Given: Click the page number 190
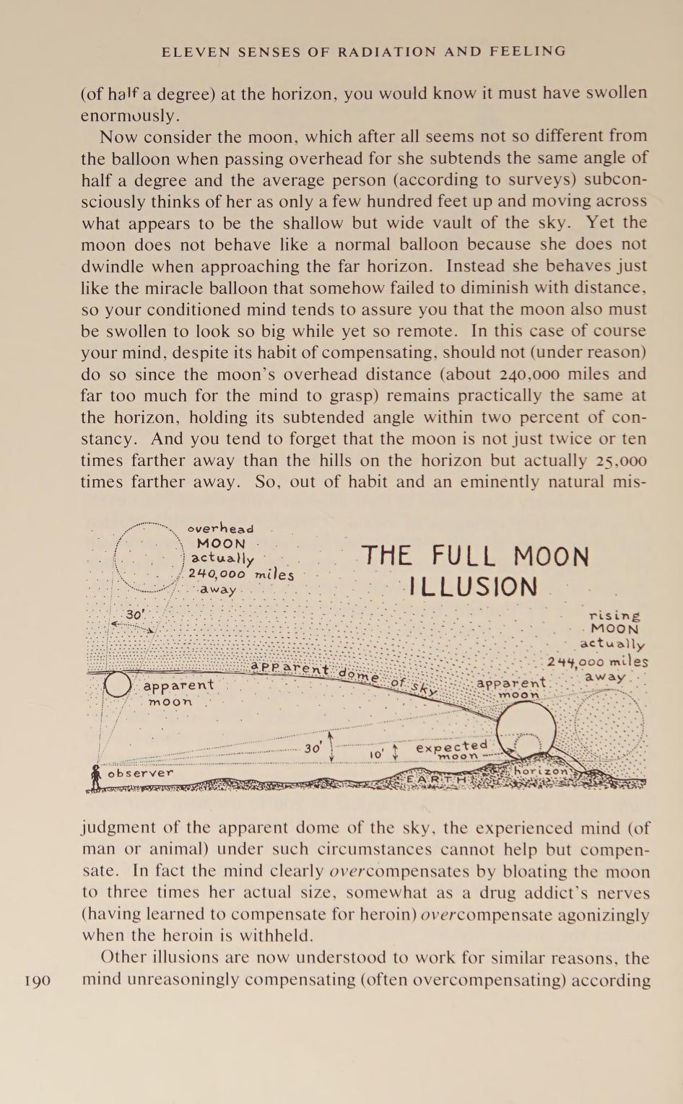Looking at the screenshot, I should point(38,981).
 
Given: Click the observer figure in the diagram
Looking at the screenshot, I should point(95,778).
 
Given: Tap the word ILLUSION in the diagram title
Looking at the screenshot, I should point(473,587).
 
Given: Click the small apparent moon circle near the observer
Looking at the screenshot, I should point(118,684).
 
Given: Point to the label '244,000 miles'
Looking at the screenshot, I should point(597,662).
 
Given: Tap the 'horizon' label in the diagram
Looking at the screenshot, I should point(541,771).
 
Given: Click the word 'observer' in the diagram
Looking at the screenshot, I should point(140,773).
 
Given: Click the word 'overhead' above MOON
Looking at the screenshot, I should point(220,529).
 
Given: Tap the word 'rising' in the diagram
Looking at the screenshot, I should point(614,615).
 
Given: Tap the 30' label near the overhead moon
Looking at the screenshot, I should point(135,615).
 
